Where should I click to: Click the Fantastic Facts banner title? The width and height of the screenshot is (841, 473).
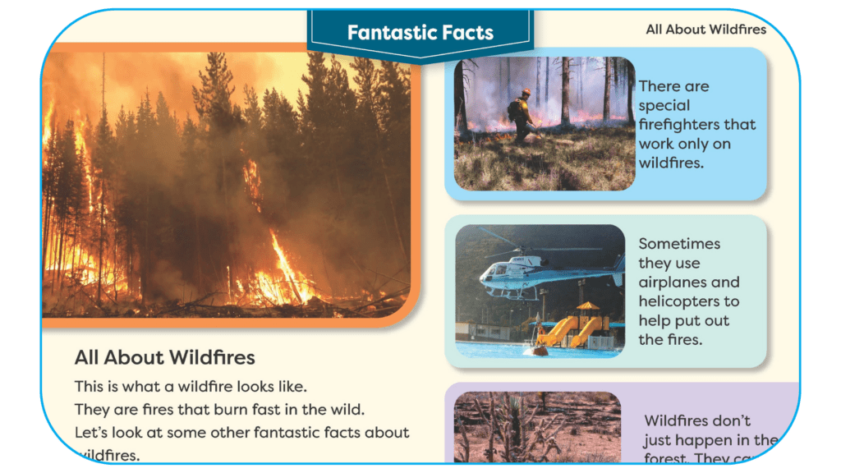(x=420, y=33)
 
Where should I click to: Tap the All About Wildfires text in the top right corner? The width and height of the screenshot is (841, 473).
(x=705, y=30)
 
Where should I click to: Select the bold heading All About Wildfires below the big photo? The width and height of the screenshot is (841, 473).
(x=164, y=357)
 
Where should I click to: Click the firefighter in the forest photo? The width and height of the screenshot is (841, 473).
(x=519, y=115)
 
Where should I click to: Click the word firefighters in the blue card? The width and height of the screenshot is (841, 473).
(x=697, y=124)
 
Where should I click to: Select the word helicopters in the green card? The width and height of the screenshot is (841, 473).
(x=689, y=301)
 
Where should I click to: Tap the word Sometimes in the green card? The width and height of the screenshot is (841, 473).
(x=679, y=244)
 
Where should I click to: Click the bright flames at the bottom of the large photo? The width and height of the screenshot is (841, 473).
(x=287, y=279)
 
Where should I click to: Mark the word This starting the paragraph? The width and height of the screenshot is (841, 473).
(x=89, y=386)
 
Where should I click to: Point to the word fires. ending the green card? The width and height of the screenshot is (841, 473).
(x=683, y=339)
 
